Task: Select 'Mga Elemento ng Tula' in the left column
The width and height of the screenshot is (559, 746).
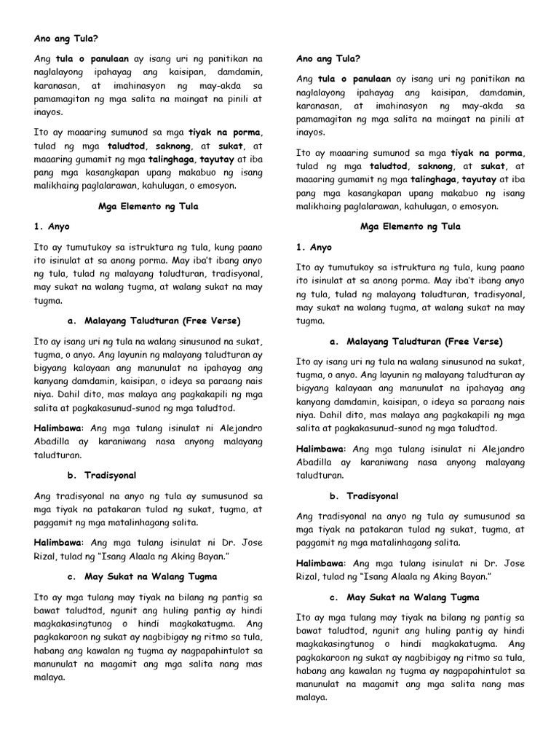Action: point(148,207)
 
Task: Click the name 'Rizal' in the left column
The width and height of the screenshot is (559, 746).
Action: point(47,557)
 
